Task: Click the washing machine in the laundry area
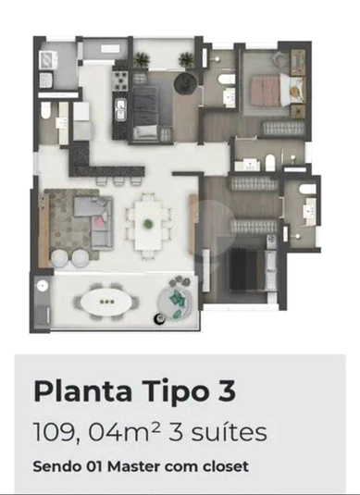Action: (x=48, y=59)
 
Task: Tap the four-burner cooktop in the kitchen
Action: (x=120, y=80)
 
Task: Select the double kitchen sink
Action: (x=120, y=110)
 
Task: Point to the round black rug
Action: (x=185, y=83)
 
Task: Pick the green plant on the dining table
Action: (x=148, y=224)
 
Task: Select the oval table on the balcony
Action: (x=106, y=303)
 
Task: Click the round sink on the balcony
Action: (x=42, y=286)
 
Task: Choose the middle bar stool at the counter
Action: (x=118, y=181)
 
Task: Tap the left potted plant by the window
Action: (x=142, y=59)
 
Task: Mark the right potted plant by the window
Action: (x=186, y=59)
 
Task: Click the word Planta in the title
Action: (x=82, y=390)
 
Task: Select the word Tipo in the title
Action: (x=173, y=390)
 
